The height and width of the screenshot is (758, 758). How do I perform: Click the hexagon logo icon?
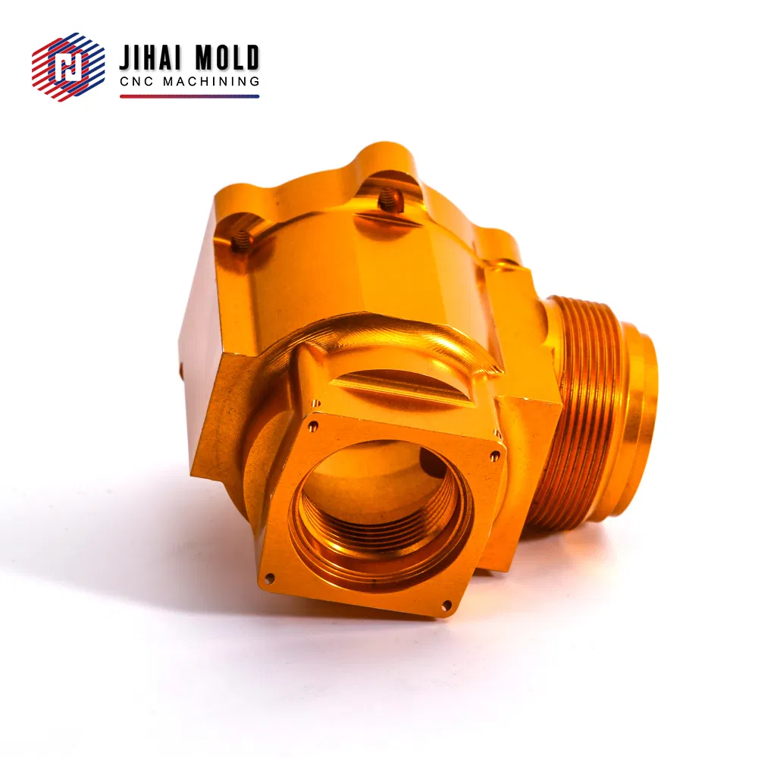pos(68,67)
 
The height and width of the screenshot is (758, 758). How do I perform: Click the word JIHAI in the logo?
pos(150,58)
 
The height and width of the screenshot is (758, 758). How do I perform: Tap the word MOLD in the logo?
pos(227,58)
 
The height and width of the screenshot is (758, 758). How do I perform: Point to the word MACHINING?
pos(211,81)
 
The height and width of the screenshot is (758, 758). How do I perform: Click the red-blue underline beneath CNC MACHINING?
pos(189,96)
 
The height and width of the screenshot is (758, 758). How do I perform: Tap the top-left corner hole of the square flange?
pos(313,426)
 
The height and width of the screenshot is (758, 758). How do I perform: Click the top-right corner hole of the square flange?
pos(494,455)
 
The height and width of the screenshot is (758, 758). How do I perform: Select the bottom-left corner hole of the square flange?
pos(269,577)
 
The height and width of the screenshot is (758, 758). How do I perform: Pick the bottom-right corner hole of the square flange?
pos(446,604)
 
